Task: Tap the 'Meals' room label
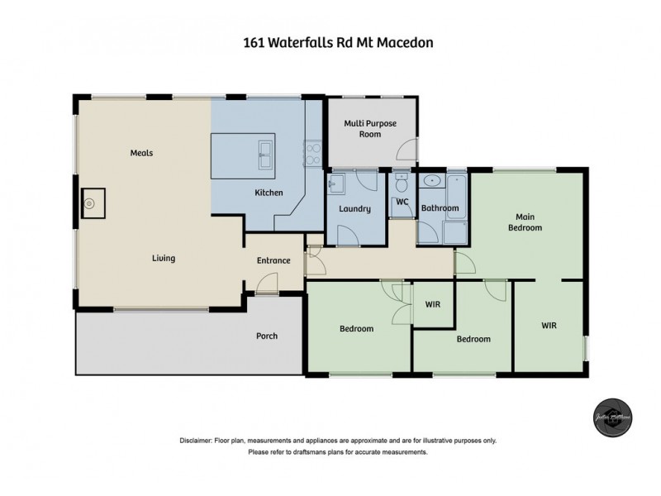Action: (x=141, y=153)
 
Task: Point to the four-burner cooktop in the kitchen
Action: (x=314, y=153)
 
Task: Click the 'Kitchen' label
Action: (x=269, y=193)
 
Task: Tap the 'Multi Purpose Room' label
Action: (x=370, y=129)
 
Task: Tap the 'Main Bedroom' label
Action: (x=525, y=222)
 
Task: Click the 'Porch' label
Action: (x=267, y=336)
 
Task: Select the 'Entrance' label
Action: (x=273, y=261)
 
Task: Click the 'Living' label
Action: (x=164, y=259)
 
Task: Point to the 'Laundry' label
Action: (x=354, y=209)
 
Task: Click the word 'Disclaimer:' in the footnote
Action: (x=196, y=441)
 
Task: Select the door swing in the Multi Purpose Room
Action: (x=407, y=150)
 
